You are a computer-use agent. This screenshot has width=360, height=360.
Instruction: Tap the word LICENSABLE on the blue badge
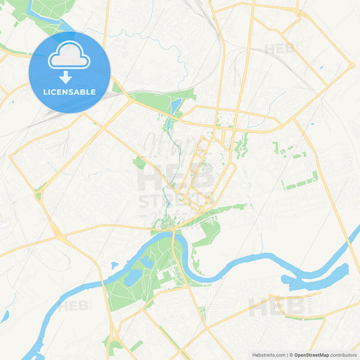pyautogui.click(x=70, y=92)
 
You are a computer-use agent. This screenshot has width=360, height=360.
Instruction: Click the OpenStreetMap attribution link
pyautogui.click(x=311, y=354)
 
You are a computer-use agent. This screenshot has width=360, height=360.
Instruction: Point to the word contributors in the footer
pyautogui.click(x=344, y=354)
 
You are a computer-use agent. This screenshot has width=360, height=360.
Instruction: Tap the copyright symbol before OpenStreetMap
pyautogui.click(x=290, y=354)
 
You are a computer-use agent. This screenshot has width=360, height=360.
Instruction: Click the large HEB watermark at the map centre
pyautogui.click(x=176, y=177)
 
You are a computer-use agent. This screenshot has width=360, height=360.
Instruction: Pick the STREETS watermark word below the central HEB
pyautogui.click(x=176, y=201)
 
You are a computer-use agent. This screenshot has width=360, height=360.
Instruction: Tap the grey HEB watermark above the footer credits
pyautogui.click(x=277, y=307)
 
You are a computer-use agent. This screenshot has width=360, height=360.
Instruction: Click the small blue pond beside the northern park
pyautogui.click(x=176, y=107)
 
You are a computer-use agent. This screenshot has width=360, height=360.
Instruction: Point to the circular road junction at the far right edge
pyautogui.click(x=352, y=65)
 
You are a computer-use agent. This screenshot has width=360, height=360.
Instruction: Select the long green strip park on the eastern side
pyautogui.click(x=301, y=181)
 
